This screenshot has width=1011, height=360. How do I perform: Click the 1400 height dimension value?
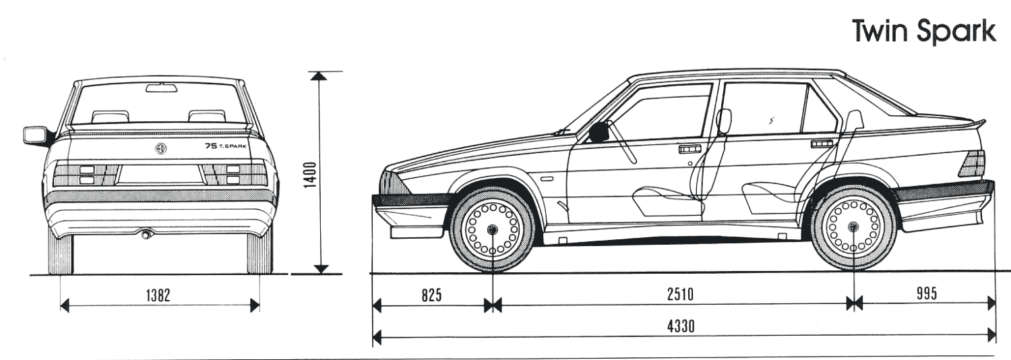(309, 175)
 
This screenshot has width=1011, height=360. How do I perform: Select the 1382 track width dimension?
(160, 294)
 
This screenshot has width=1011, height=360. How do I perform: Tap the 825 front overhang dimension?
(431, 294)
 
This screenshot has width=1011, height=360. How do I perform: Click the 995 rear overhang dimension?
(927, 294)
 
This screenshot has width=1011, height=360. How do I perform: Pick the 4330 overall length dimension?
(681, 326)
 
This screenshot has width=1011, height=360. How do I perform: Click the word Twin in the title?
(882, 32)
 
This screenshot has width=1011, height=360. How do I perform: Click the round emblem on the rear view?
(161, 148)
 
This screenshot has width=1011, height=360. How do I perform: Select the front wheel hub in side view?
(493, 229)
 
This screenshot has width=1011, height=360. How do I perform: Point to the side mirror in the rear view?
(34, 134)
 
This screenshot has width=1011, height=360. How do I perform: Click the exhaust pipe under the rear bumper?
(145, 235)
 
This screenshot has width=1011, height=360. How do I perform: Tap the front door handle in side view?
(690, 148)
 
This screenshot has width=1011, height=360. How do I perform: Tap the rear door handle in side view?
(821, 144)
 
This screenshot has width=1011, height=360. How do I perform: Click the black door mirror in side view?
(599, 133)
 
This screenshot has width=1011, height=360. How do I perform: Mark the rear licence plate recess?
(160, 175)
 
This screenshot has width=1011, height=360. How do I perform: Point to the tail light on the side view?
(973, 164)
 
